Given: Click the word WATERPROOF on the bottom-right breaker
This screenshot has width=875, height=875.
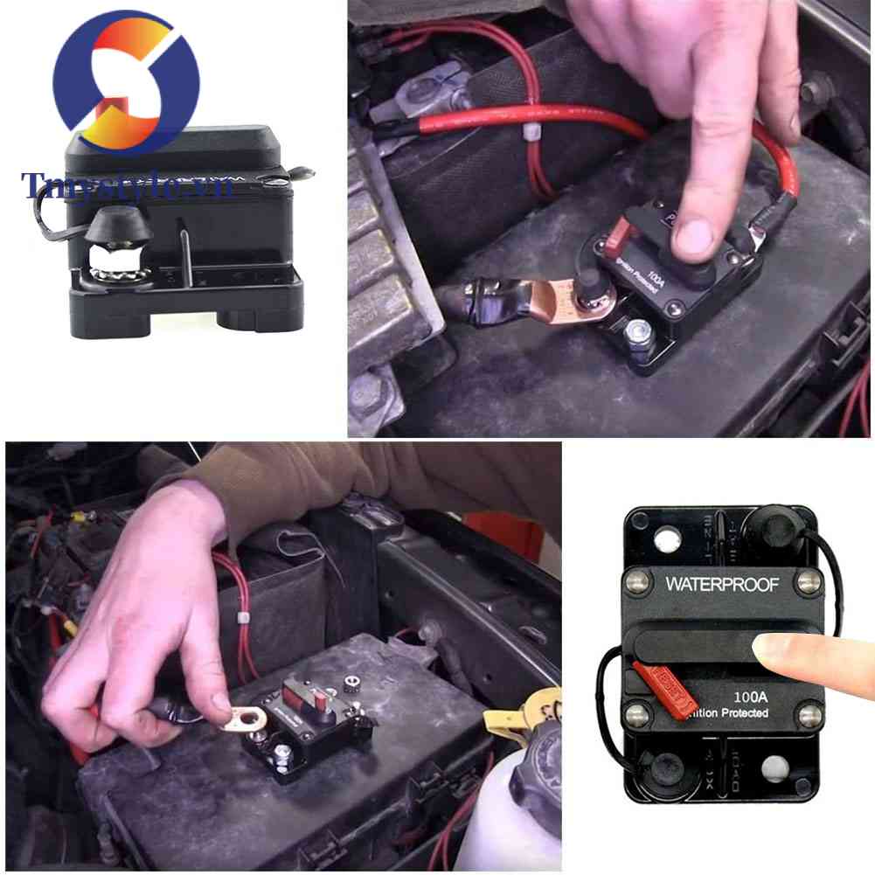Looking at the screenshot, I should (x=721, y=584).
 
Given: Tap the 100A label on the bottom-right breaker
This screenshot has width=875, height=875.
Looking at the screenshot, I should (x=750, y=698).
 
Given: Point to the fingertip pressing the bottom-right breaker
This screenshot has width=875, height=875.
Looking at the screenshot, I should (x=774, y=649).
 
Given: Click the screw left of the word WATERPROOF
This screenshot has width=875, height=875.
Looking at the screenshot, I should (x=637, y=580).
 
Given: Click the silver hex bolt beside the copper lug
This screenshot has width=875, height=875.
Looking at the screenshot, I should (x=637, y=330).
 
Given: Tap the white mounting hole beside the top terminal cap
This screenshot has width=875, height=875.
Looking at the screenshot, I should (x=670, y=537).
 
